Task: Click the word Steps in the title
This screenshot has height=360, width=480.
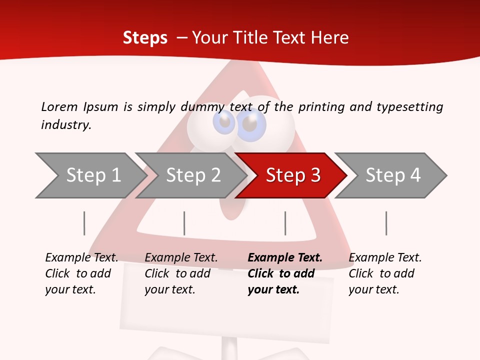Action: (145, 37)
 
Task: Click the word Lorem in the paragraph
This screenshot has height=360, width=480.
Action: (59, 106)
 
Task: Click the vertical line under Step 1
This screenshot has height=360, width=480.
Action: (84, 223)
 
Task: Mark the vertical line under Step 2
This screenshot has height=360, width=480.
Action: (184, 223)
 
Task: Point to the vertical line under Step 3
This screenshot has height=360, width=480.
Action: (285, 223)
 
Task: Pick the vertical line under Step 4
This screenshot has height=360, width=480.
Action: (386, 223)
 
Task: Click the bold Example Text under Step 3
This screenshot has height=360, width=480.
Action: (285, 258)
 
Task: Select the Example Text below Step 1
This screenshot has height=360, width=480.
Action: (81, 258)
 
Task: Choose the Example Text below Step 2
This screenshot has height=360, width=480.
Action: (181, 258)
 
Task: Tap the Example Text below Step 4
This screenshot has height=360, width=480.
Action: (385, 258)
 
